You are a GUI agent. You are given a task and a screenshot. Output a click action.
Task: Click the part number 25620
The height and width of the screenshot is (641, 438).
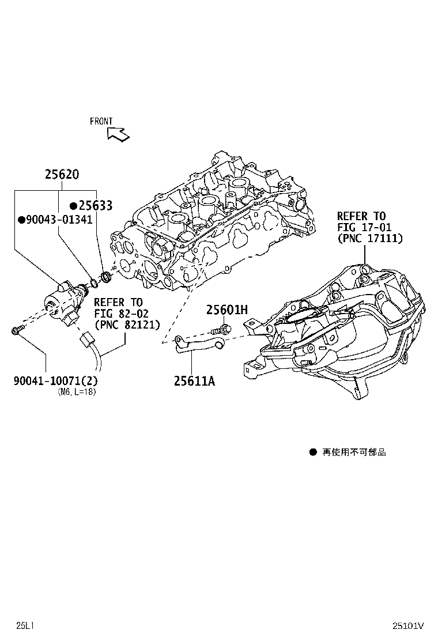tap(62, 175)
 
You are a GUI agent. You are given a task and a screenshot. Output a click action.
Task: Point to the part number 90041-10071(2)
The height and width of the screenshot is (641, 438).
tap(56, 380)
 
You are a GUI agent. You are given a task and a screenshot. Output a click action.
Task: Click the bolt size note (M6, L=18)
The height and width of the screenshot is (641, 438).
tap(77, 393)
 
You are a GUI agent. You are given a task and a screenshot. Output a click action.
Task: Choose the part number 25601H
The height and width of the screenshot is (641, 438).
tap(226, 310)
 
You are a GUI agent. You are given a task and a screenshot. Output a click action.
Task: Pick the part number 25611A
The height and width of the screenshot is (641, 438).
tap(194, 381)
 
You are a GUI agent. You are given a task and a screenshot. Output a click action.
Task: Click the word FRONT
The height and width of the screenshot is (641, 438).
tap(101, 121)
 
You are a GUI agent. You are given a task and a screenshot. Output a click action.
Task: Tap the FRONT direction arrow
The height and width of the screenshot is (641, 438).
tap(118, 134)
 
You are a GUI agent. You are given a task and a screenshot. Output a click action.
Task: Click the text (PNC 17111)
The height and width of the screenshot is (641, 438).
tap(370, 238)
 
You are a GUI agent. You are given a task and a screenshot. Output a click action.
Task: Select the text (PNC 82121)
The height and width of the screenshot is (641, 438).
tap(127, 325)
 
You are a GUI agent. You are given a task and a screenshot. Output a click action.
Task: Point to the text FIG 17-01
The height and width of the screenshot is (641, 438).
tap(364, 227)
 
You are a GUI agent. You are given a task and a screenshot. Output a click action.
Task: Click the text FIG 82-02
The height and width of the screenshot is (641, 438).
tap(122, 314)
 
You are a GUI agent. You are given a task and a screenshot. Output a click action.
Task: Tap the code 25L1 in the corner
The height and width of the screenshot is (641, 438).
tap(25, 625)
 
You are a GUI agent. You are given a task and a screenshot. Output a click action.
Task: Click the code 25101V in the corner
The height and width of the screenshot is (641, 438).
tap(408, 625)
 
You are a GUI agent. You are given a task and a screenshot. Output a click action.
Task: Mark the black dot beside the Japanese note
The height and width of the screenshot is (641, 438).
tap(313, 452)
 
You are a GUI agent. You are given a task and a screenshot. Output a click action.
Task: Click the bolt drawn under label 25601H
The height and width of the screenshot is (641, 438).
tap(221, 329)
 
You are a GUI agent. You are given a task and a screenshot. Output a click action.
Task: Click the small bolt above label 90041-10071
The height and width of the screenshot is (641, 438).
tap(18, 330)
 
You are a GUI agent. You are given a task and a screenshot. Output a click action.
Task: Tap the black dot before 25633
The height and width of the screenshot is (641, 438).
tap(74, 206)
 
